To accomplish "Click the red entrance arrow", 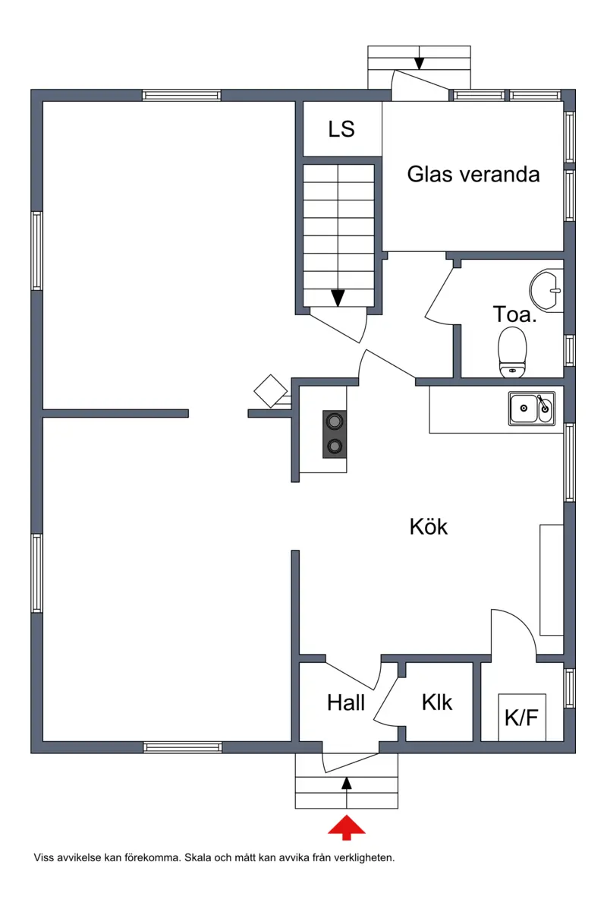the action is tap(346, 827).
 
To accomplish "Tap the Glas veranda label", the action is tap(473, 174).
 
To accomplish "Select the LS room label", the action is tap(341, 128).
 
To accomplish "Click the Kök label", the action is tap(429, 526).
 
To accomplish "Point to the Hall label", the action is tap(346, 702).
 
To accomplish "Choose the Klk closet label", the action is tap(437, 702).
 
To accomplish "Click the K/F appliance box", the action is tap(522, 717).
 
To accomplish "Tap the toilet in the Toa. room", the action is tap(512, 352).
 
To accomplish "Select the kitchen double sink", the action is tap(532, 408).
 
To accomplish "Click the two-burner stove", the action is tap(334, 434).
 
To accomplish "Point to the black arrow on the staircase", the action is tap(338, 298).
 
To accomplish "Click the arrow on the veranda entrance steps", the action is tap(419, 62).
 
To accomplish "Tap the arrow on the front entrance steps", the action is tap(346, 784).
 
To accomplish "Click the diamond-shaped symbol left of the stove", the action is tap(270, 391).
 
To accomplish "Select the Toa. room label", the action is tap(514, 314).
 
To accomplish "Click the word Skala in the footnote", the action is tap(197, 857).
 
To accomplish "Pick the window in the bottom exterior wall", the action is tap(182, 747).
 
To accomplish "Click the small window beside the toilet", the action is tap(569, 350).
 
